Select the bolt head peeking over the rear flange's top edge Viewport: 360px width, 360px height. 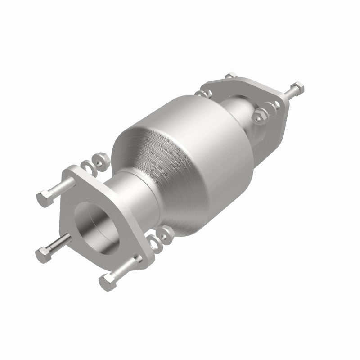pos(231,76)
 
